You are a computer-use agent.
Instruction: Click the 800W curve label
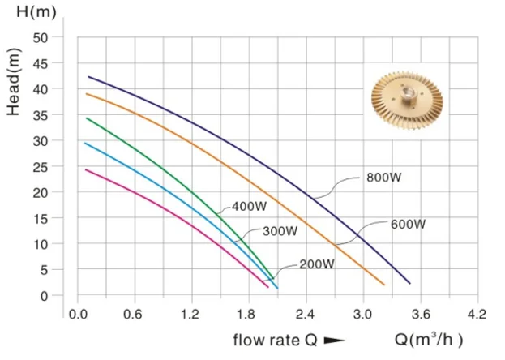(x=381, y=177)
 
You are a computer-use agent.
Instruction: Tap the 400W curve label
(x=249, y=205)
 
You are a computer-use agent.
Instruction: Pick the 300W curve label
(x=280, y=231)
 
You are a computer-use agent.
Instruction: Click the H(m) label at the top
(x=32, y=14)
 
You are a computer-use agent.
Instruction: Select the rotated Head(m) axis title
(x=14, y=82)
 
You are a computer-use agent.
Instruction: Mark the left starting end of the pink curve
(x=86, y=169)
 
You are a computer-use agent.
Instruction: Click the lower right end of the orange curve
(x=383, y=284)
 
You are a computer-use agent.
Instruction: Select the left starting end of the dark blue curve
(x=89, y=77)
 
